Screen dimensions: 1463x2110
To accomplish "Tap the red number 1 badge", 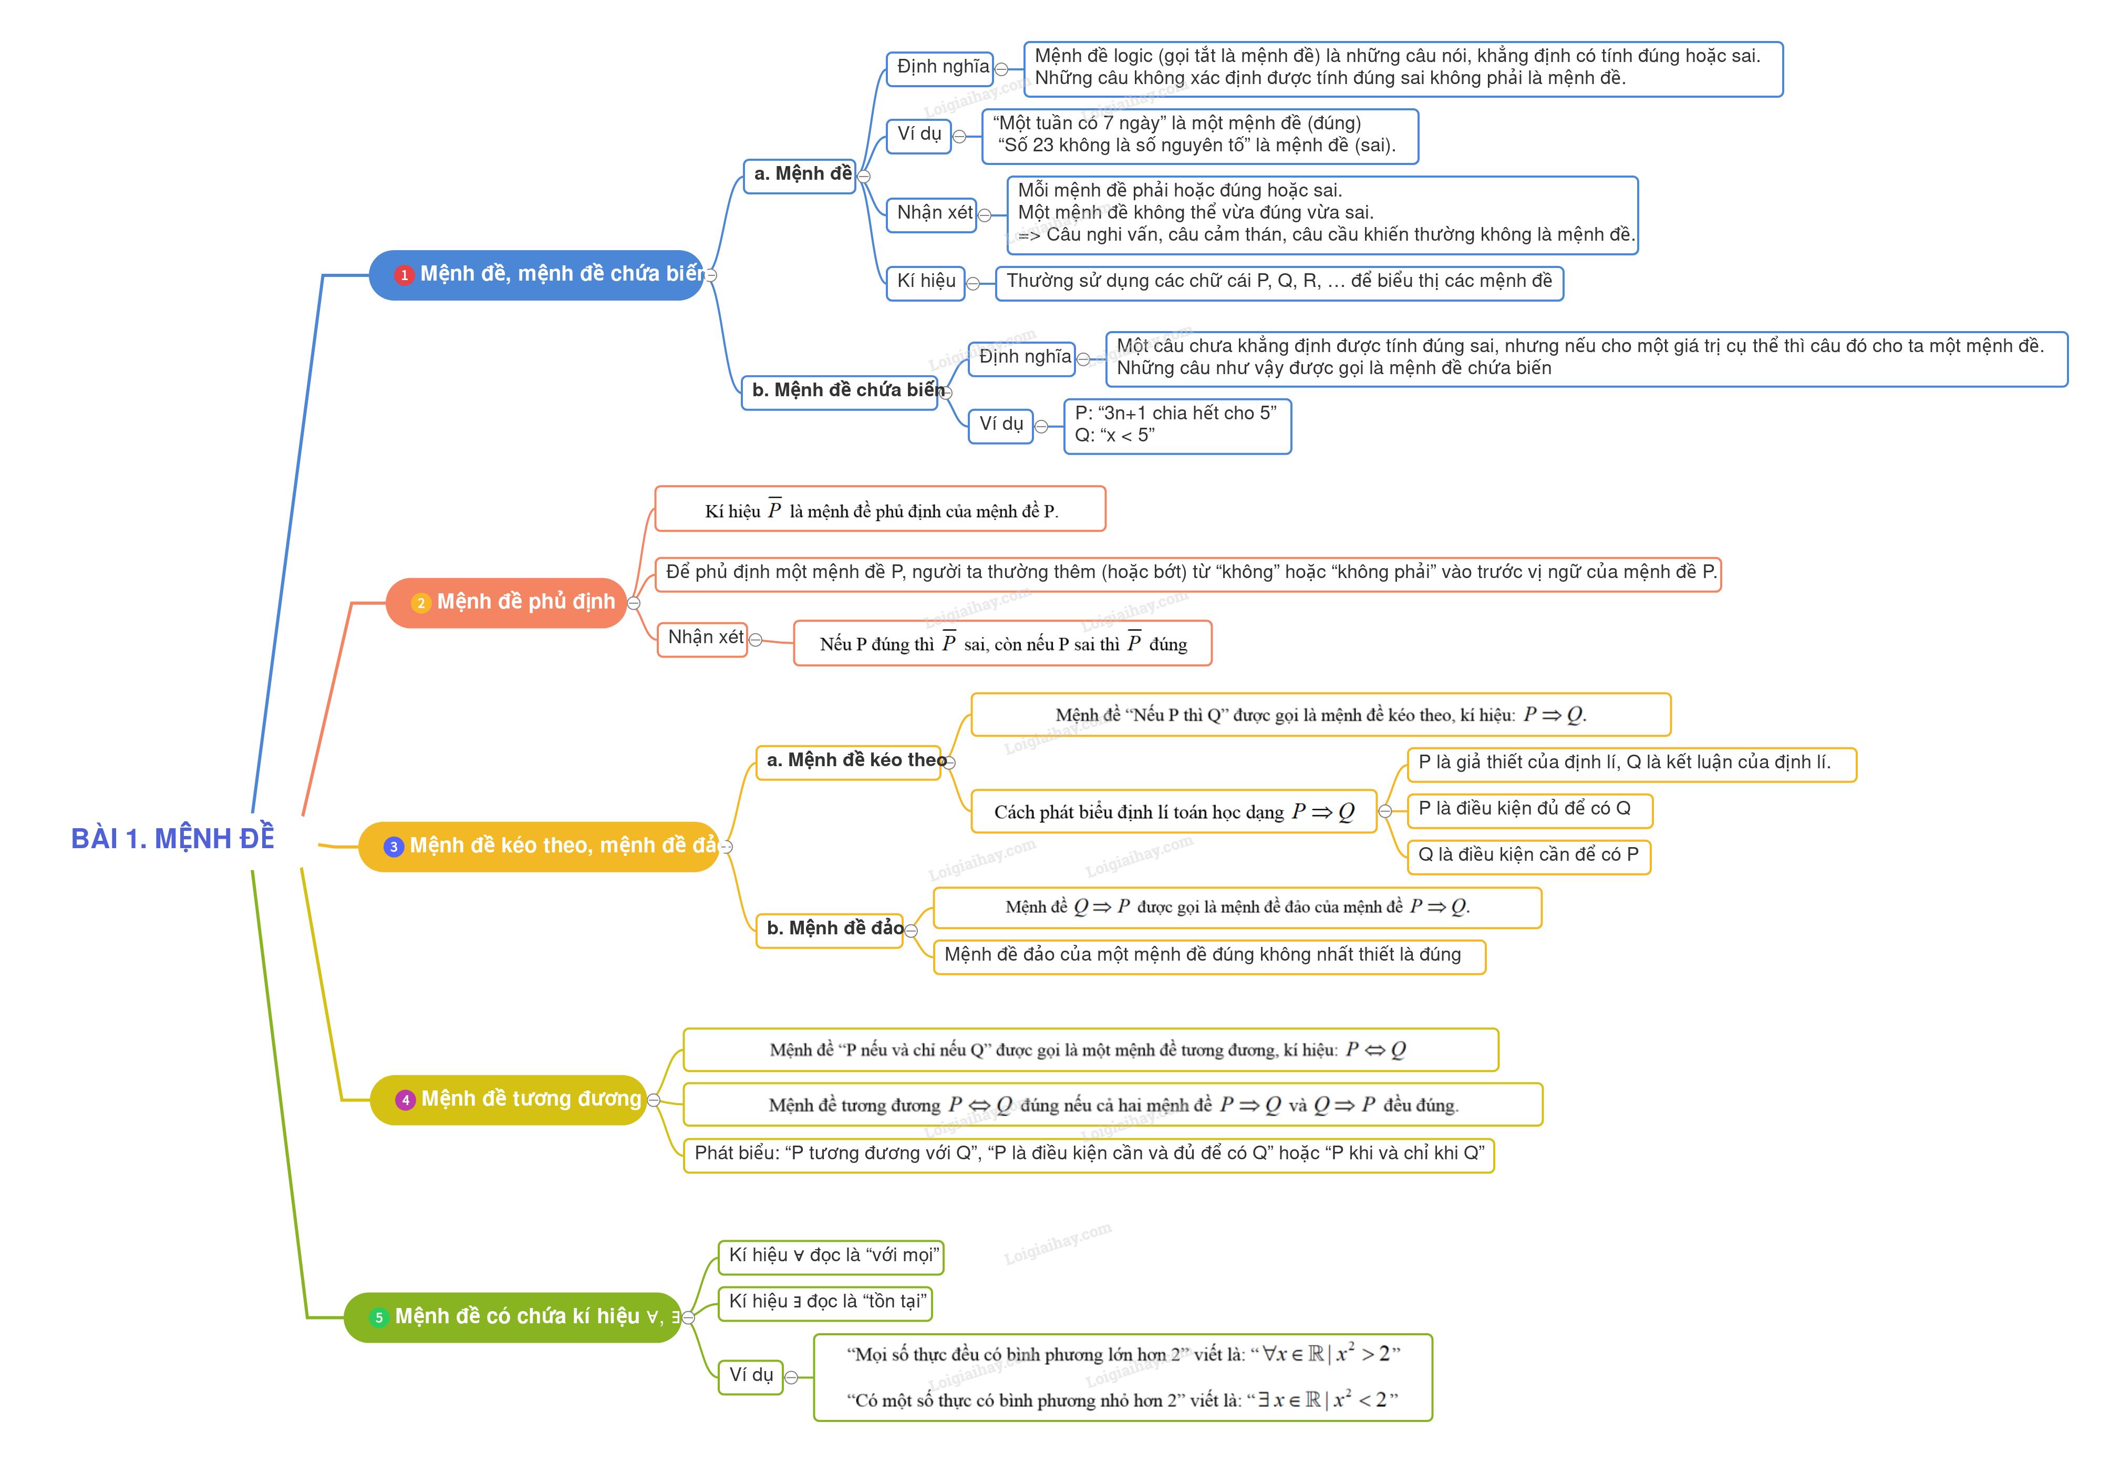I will point(404,275).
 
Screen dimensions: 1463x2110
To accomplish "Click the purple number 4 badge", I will point(405,1100).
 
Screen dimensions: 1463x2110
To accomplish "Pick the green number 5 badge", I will point(379,1317).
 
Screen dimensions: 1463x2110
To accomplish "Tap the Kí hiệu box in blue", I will point(926,282).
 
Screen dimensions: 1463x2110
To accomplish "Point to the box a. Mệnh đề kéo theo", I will point(849,761).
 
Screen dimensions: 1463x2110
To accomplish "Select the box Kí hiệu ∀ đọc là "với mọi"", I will point(831,1256).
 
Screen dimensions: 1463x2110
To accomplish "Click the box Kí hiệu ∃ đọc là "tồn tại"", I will point(825,1302).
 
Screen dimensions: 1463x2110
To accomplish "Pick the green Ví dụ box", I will point(751,1375).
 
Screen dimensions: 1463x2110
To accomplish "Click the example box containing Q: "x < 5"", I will point(1177,425).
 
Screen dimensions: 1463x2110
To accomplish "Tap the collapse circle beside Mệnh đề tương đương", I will point(654,1100).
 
